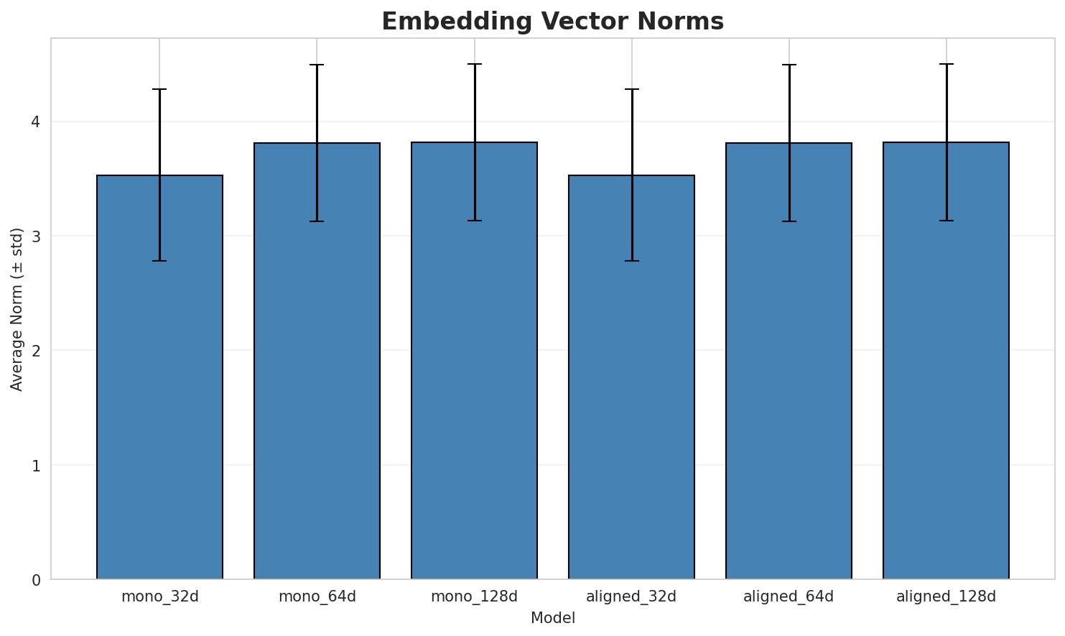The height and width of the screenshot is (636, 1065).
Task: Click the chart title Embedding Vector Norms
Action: [552, 22]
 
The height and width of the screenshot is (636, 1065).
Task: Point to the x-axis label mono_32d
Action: [159, 596]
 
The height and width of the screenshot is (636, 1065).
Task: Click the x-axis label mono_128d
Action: [474, 596]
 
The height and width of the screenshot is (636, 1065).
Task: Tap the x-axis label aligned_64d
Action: [789, 596]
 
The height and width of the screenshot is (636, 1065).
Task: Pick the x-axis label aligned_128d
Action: [946, 596]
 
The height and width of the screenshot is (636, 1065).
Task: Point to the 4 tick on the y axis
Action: [35, 121]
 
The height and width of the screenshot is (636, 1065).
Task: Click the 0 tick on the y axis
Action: [35, 580]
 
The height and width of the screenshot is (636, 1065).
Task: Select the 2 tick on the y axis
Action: [35, 351]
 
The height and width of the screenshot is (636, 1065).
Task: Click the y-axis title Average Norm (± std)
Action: [17, 309]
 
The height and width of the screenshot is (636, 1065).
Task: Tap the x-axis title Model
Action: [552, 618]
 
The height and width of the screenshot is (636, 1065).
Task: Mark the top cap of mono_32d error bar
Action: [159, 89]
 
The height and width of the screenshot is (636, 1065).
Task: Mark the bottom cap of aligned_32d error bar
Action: [631, 261]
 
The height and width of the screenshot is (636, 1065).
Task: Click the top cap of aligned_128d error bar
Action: [946, 64]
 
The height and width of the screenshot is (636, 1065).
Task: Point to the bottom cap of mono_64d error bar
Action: [317, 221]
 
